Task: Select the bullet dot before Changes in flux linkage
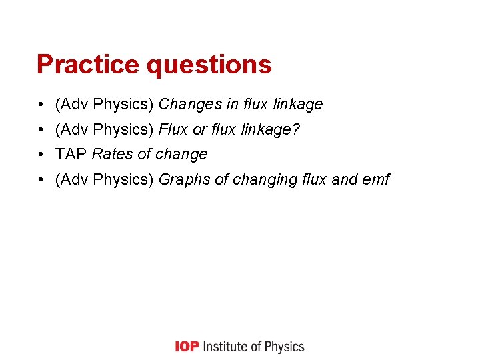pyautogui.click(x=41, y=105)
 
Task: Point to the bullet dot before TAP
pyautogui.click(x=41, y=155)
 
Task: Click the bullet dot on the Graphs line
pyautogui.click(x=41, y=180)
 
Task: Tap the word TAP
pyautogui.click(x=71, y=155)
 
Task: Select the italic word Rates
pyautogui.click(x=113, y=155)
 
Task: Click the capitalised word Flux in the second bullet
pyautogui.click(x=173, y=129)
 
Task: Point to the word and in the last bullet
pyautogui.click(x=344, y=180)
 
